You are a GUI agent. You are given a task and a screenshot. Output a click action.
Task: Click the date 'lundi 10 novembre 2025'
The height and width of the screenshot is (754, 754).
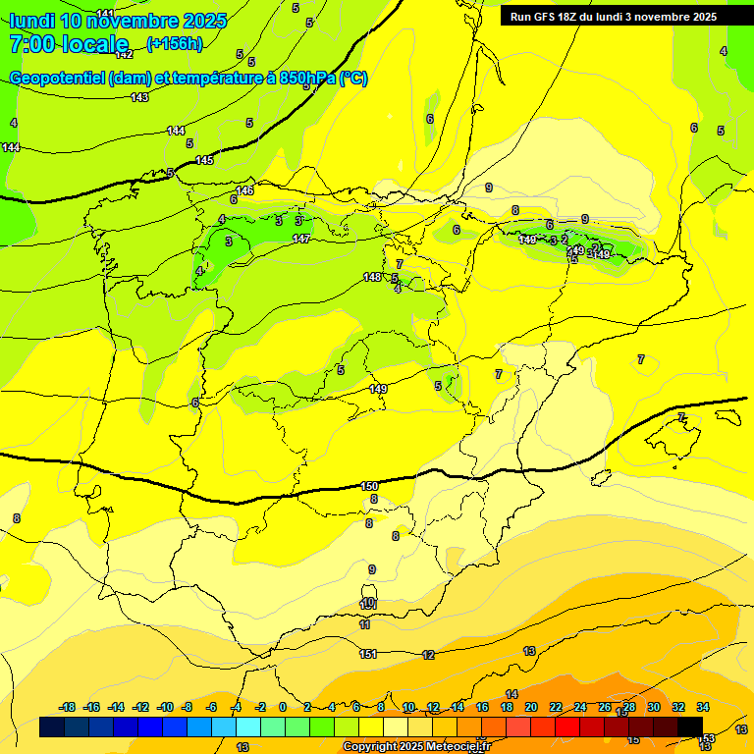(118, 21)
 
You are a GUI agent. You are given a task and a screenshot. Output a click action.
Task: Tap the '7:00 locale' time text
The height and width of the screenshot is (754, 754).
(69, 43)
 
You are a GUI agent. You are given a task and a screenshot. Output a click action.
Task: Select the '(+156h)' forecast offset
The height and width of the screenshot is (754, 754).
(174, 43)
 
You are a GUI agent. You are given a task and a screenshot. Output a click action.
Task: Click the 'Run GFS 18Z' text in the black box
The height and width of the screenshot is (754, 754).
(546, 17)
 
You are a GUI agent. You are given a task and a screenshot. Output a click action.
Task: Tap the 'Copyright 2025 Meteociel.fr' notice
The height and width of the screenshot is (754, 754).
(416, 747)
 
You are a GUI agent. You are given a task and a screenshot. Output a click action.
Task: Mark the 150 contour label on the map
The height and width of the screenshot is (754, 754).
(369, 486)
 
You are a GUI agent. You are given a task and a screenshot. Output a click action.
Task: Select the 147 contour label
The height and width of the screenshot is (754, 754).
(301, 239)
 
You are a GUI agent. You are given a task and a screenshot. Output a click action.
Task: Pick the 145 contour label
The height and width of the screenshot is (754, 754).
(204, 160)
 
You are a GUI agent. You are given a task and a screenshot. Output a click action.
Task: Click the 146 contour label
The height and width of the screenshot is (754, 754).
(244, 190)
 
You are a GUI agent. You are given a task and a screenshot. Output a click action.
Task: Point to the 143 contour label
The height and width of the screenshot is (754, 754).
(139, 97)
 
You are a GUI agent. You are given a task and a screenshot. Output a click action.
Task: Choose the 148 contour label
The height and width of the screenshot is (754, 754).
(372, 278)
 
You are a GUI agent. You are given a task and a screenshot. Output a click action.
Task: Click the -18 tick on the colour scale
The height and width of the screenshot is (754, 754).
(68, 707)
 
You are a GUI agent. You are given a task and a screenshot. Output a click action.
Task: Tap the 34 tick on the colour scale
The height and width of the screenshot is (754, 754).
(703, 707)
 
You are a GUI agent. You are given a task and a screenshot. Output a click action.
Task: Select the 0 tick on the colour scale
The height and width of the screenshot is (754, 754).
(283, 707)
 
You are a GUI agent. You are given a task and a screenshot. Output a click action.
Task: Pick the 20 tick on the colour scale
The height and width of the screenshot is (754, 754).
(531, 707)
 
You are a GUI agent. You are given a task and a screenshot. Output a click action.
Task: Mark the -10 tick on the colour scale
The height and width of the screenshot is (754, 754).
(165, 707)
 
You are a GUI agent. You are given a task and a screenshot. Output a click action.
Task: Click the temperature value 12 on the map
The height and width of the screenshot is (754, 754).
(428, 655)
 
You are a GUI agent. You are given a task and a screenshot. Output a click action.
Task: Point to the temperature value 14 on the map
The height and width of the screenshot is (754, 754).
(512, 694)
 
